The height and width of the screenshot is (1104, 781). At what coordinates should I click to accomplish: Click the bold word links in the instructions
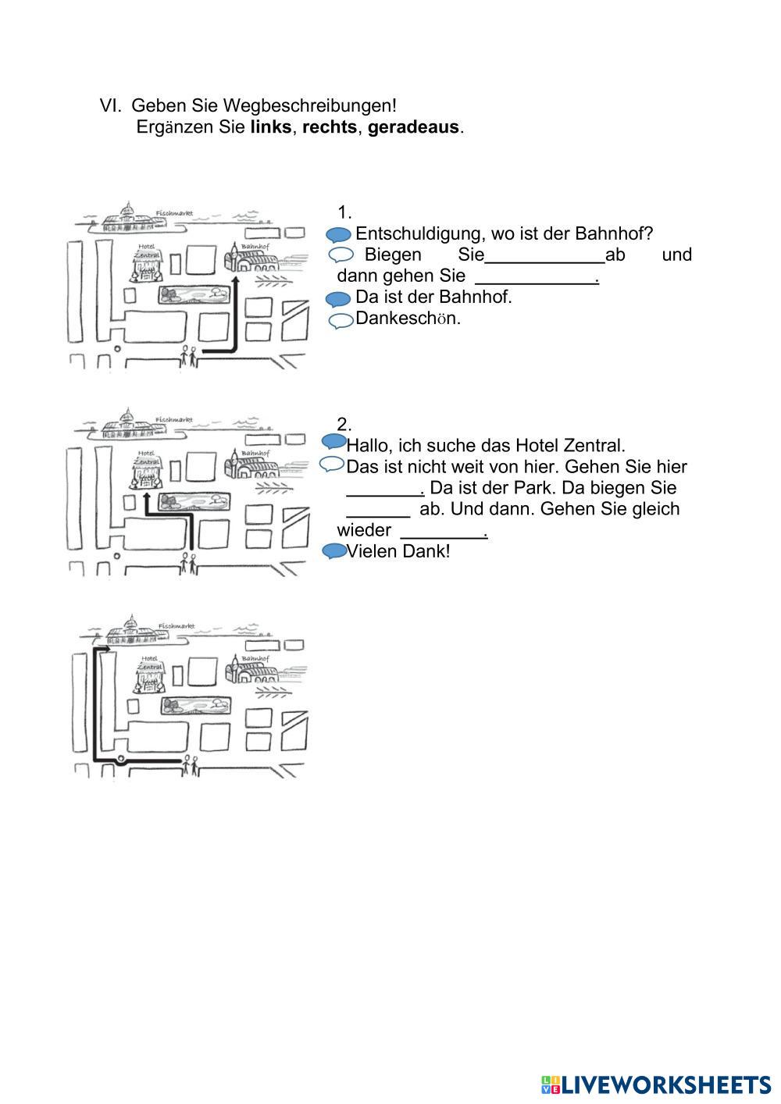[x=270, y=127]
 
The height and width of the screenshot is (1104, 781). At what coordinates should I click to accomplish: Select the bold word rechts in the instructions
[x=329, y=127]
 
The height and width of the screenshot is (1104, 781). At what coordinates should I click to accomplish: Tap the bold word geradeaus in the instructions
[x=413, y=127]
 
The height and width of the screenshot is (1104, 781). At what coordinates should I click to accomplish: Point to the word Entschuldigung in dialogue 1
[x=416, y=233]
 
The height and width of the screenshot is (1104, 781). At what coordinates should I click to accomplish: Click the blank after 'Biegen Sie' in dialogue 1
[x=545, y=255]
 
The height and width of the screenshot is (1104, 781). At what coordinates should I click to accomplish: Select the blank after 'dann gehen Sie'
[x=535, y=276]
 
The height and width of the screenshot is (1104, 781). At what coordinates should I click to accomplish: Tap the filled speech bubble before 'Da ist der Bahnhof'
[x=338, y=298]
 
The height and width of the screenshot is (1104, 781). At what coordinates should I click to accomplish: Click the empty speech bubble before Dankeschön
[x=341, y=320]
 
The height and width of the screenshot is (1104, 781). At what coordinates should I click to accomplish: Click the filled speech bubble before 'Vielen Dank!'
[x=334, y=551]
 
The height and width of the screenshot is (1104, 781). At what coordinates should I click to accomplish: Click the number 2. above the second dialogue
[x=344, y=425]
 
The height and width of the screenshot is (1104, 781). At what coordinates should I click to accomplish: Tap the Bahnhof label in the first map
[x=254, y=247]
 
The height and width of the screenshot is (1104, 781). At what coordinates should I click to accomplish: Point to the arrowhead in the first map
[x=235, y=280]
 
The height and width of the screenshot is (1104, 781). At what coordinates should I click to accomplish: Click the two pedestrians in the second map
[x=189, y=561]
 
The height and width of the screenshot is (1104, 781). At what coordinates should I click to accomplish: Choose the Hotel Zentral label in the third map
[x=148, y=664]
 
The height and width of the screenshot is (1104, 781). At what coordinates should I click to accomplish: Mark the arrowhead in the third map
[x=105, y=648]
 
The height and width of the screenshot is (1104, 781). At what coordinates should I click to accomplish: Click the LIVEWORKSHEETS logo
[x=655, y=1084]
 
